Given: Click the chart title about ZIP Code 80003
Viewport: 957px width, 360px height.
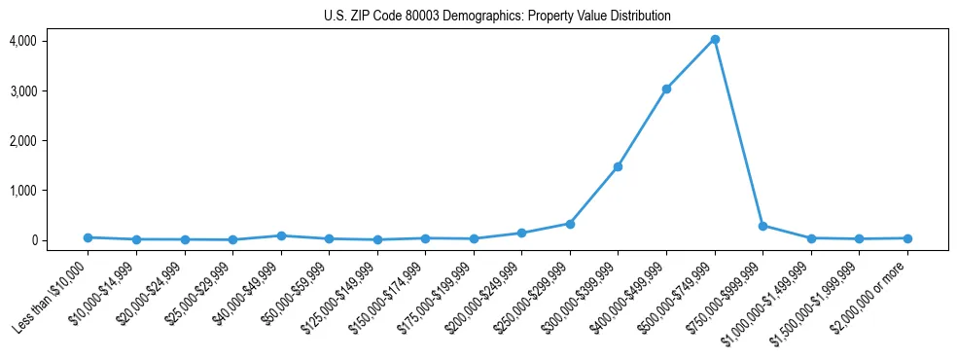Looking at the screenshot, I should [x=497, y=17].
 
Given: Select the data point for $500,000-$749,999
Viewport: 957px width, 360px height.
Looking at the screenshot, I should [x=715, y=39].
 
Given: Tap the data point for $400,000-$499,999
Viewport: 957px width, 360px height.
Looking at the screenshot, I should [x=666, y=89].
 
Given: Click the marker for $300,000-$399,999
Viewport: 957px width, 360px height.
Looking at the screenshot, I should [x=618, y=166].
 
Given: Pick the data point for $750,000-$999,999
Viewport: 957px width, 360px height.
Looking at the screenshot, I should [x=762, y=226].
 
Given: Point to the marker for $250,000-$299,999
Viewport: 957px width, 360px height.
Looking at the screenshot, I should [x=570, y=224].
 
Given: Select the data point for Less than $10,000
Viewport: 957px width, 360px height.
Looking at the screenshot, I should [x=88, y=237].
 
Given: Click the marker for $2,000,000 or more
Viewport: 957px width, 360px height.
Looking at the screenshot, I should [x=907, y=238].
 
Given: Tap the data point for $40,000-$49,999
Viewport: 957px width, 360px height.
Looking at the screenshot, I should [x=281, y=235].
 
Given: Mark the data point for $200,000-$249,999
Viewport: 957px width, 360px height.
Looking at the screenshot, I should [x=521, y=234].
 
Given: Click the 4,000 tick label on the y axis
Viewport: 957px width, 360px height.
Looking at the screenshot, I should [x=23, y=41].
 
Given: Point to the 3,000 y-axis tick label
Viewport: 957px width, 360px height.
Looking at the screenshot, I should [x=23, y=90].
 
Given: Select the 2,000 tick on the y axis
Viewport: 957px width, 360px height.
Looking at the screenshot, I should [x=23, y=140].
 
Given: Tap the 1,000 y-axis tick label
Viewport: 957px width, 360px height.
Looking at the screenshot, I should [x=23, y=190].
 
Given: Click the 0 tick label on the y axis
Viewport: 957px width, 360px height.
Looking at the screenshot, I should [x=32, y=240].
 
